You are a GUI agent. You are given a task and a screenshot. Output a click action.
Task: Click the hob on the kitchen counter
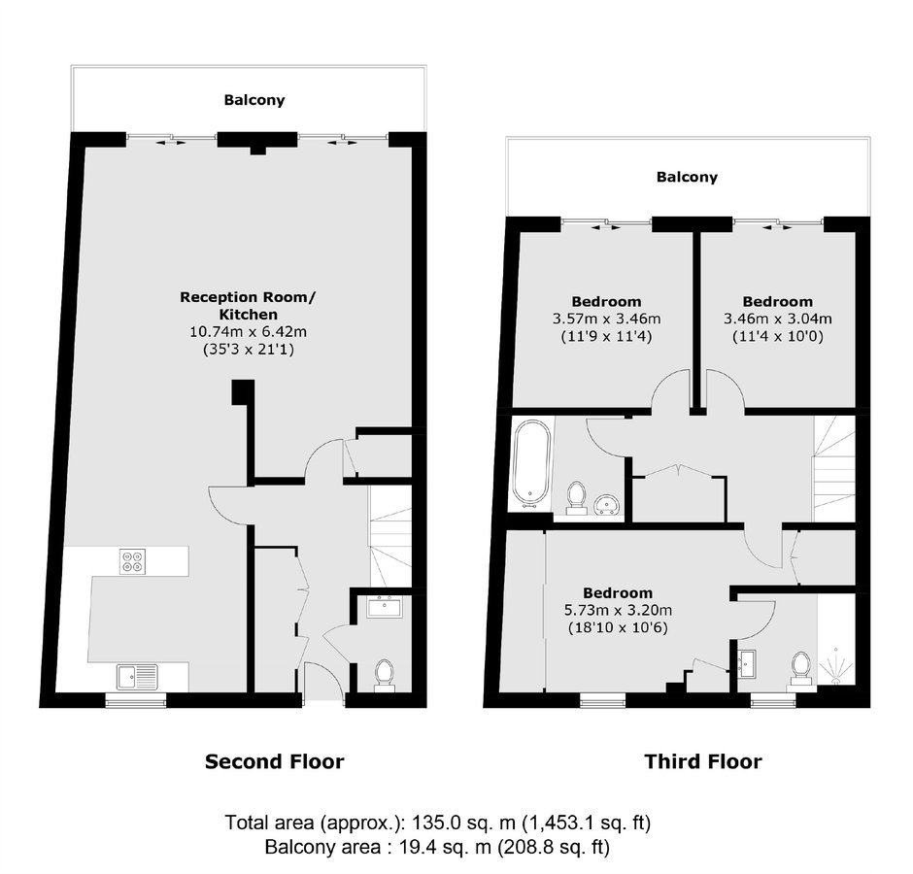132,561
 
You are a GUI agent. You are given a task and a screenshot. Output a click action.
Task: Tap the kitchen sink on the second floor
137,677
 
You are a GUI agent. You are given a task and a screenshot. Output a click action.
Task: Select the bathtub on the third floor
531,463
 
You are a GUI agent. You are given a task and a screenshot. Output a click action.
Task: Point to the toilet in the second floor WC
384,676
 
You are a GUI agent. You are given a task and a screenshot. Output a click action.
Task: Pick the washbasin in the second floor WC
384,607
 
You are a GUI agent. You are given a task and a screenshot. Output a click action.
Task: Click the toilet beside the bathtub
576,498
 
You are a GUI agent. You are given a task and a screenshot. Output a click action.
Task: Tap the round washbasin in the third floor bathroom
609,504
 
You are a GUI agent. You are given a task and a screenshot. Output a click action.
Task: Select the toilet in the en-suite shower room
801,671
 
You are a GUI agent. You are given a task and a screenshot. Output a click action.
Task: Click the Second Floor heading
274,761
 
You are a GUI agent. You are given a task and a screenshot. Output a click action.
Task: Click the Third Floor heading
703,761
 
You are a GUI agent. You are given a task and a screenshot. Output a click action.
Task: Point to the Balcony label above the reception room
254,100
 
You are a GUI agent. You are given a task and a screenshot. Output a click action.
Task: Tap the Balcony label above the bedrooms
687,177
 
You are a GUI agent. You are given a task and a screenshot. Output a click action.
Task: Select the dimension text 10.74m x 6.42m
248,332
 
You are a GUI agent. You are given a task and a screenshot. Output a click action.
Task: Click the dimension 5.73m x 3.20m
618,610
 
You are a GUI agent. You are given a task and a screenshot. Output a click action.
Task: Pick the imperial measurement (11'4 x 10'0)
777,337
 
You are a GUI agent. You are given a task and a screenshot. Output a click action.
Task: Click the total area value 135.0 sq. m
464,823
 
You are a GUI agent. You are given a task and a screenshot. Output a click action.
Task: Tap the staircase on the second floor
390,536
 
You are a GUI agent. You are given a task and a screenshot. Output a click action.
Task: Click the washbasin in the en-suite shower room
747,664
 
